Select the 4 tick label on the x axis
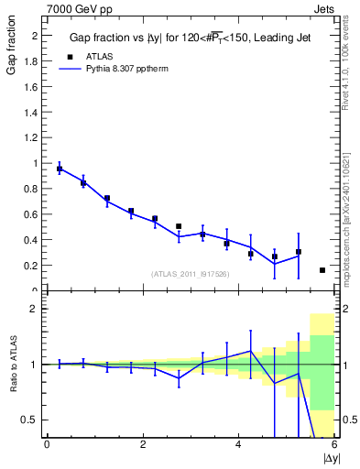click(238, 445)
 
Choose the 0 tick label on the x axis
click(47, 445)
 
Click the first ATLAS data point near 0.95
click(60, 169)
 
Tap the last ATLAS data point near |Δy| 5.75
click(322, 270)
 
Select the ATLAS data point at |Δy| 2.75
click(179, 226)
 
